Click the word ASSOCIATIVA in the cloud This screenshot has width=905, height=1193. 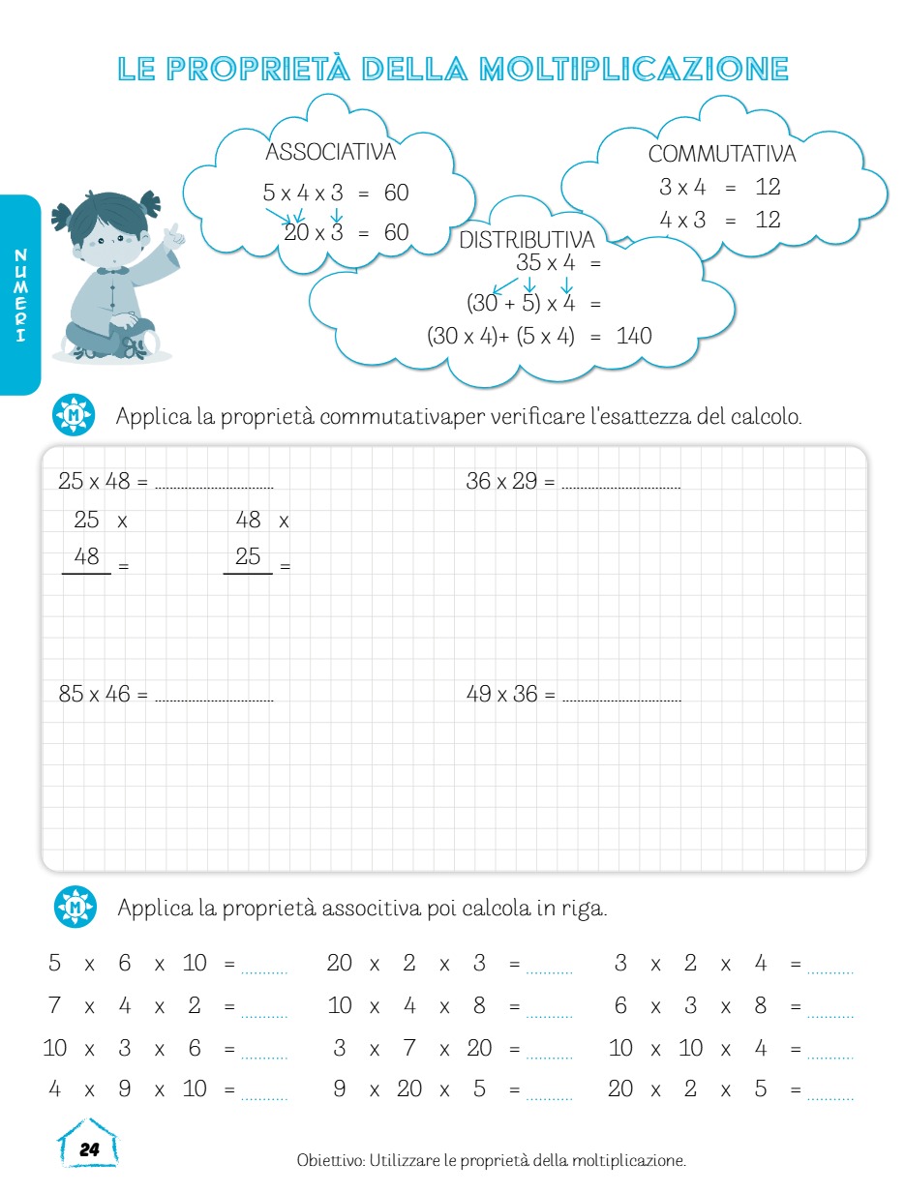pyautogui.click(x=330, y=152)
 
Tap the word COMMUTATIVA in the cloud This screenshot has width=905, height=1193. pyautogui.click(x=722, y=154)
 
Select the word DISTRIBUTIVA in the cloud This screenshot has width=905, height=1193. pyautogui.click(x=527, y=240)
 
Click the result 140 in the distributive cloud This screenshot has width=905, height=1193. pyautogui.click(x=634, y=336)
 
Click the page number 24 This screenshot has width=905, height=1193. pyautogui.click(x=89, y=1149)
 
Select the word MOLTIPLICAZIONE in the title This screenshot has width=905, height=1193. pyautogui.click(x=634, y=69)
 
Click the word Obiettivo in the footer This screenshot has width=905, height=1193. pyautogui.click(x=330, y=1160)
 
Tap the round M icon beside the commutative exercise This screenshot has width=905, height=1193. pyautogui.click(x=74, y=416)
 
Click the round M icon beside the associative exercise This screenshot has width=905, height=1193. pyautogui.click(x=75, y=908)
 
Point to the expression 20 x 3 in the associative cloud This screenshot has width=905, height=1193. pyautogui.click(x=314, y=232)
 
